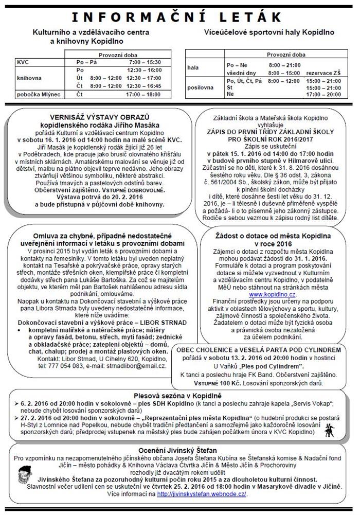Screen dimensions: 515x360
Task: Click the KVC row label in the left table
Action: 23,62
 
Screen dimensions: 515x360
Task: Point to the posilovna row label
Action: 201,87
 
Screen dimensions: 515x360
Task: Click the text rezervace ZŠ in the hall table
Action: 323,73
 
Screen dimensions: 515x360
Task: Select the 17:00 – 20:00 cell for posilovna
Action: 323,95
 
